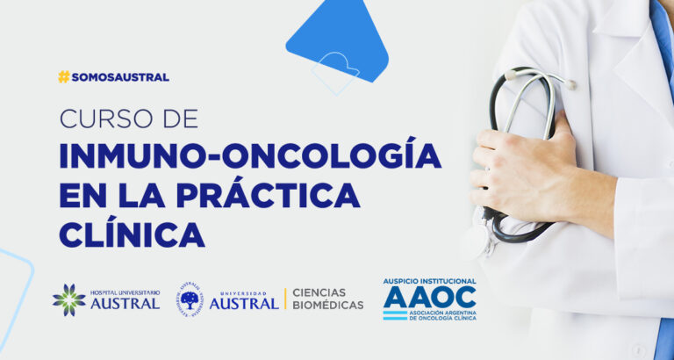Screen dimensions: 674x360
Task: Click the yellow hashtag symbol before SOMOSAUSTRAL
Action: coord(63,77)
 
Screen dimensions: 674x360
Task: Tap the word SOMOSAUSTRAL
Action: coord(120,77)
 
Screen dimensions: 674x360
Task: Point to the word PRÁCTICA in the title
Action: coord(269,196)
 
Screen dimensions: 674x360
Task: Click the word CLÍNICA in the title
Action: coord(132,234)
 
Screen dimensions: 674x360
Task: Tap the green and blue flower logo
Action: coord(68,299)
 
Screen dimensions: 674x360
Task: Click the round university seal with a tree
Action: coord(190,299)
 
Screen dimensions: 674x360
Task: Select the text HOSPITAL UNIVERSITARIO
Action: coord(125,292)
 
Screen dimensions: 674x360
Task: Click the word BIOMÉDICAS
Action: coord(328,306)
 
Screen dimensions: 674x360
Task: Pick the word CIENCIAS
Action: coord(319,292)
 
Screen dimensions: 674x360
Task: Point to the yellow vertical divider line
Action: coord(285,299)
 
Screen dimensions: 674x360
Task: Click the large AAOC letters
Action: coord(429,297)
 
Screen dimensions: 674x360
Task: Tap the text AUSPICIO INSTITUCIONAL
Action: coord(429,281)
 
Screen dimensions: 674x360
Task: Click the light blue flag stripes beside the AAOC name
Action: coord(395,315)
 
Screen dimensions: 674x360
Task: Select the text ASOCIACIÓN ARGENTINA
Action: coord(442,313)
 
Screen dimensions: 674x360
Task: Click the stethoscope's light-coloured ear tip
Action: coord(570,84)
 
